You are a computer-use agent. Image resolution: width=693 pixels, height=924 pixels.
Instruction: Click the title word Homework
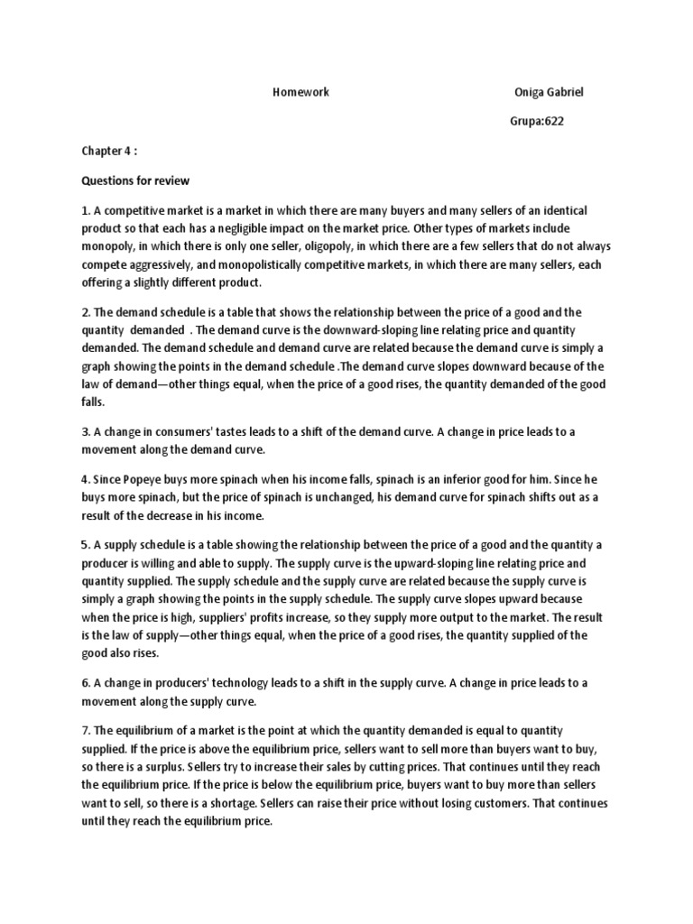point(300,92)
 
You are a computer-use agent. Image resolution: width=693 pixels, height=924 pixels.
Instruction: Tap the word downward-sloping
point(379,330)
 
